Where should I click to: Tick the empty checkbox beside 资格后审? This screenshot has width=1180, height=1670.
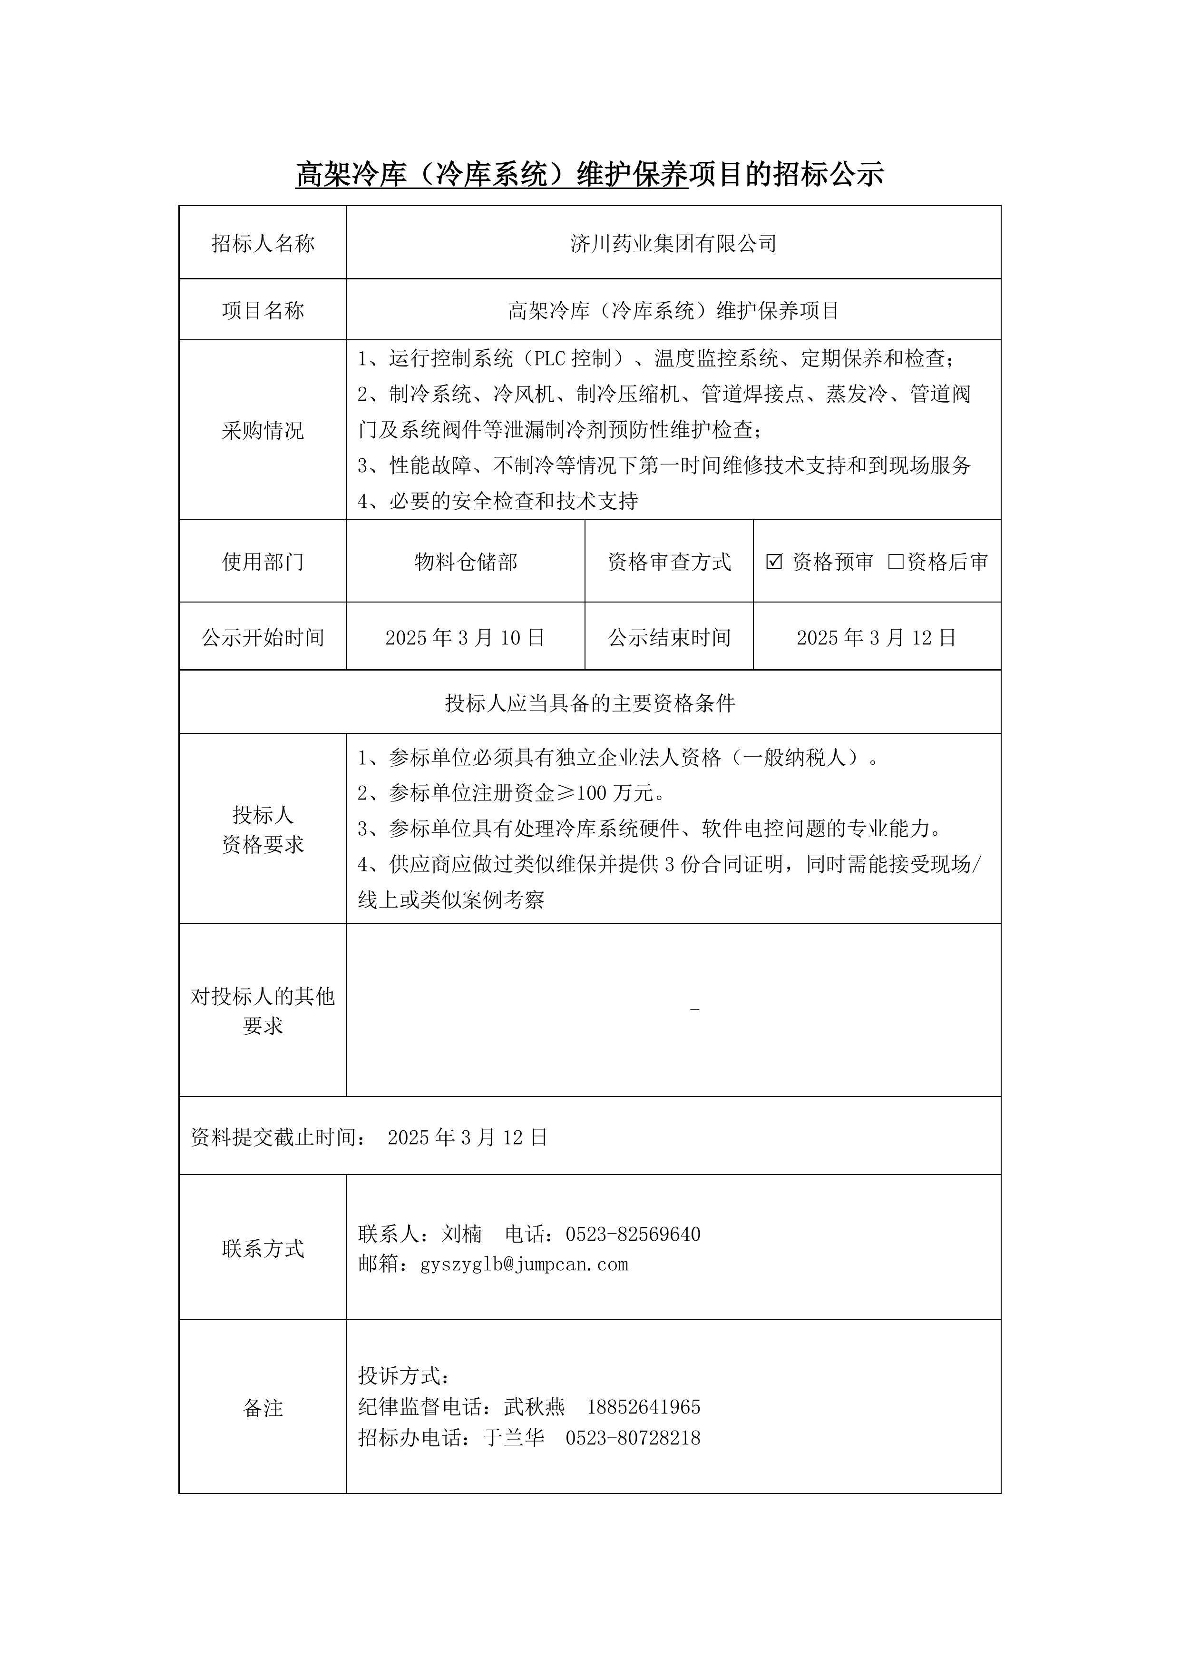896,562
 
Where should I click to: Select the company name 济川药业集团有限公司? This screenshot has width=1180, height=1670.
673,244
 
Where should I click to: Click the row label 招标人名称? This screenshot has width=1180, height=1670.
263,244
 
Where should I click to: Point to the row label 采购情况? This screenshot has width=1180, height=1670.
263,431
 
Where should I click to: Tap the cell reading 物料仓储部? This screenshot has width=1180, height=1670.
465,562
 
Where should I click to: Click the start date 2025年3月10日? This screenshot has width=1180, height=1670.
465,638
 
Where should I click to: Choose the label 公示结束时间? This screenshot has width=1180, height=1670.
669,638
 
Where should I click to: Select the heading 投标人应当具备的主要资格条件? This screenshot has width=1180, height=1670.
590,702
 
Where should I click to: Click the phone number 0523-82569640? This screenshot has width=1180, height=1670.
633,1235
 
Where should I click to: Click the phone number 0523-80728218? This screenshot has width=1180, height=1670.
633,1438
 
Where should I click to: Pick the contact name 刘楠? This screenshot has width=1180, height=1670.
462,1235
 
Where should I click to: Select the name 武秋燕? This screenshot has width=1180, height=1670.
535,1407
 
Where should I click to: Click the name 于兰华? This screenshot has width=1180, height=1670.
514,1438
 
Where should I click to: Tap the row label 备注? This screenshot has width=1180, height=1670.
263,1408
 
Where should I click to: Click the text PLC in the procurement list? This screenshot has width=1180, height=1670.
550,358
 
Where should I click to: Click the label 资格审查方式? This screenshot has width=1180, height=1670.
669,562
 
